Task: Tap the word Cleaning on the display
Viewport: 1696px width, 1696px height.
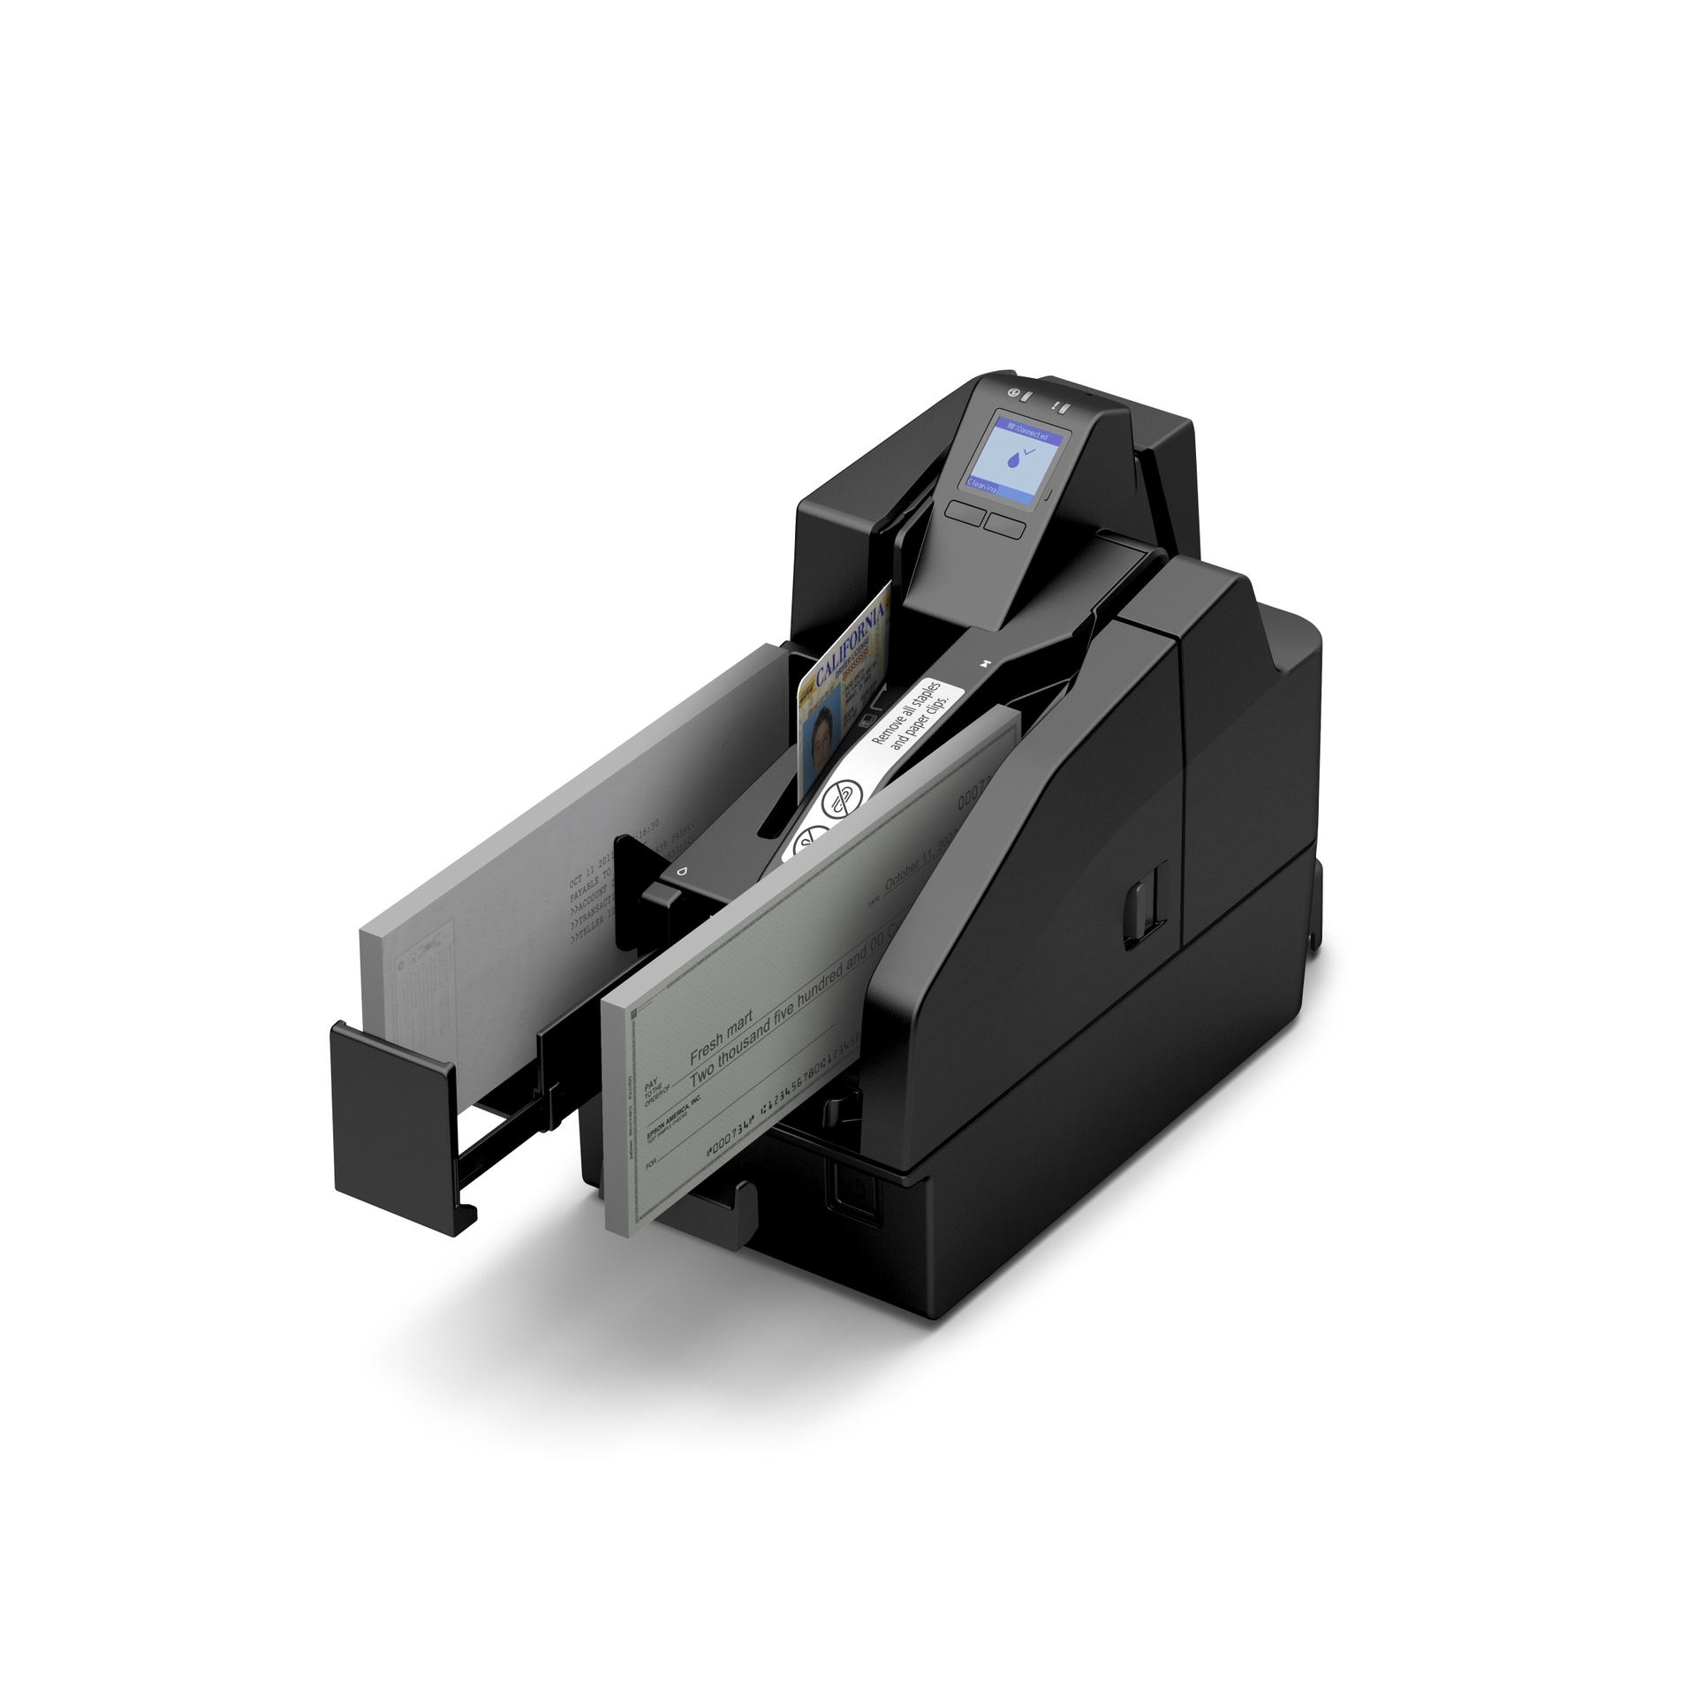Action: (x=983, y=486)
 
